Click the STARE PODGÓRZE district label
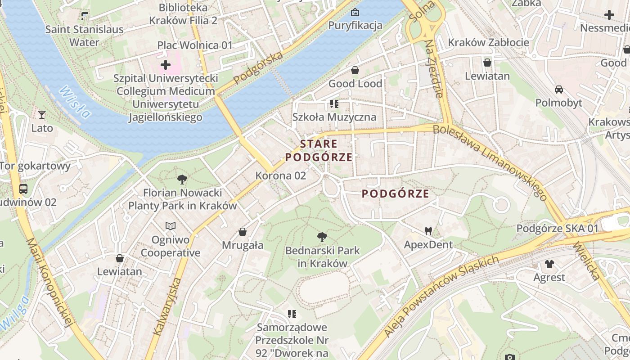[319, 151]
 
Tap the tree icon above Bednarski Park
[322, 237]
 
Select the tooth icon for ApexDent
[428, 231]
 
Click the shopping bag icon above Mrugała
[243, 232]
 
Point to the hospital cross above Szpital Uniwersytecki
[166, 65]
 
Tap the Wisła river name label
[74, 102]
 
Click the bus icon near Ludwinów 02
[23, 189]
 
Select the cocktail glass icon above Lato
[42, 115]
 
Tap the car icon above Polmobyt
[559, 90]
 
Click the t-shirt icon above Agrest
[549, 264]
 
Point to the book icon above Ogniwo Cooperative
[170, 226]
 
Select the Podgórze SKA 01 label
[557, 229]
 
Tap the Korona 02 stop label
[281, 176]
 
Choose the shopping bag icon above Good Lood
[355, 70]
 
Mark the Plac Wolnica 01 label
[195, 45]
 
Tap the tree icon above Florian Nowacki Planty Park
[182, 180]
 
